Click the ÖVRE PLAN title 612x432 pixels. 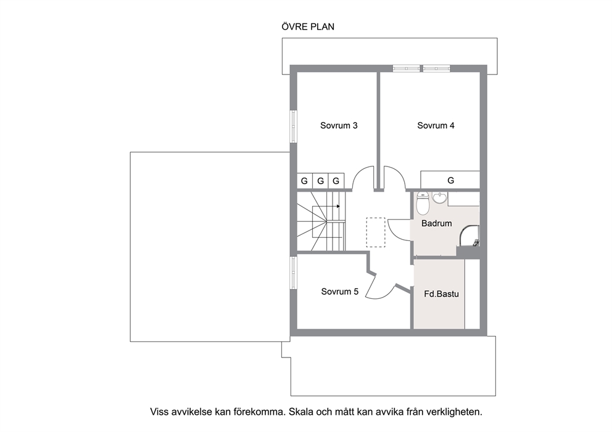[308, 26]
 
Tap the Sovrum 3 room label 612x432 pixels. [339, 126]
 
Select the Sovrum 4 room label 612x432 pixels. [436, 126]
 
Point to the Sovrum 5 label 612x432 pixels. [339, 291]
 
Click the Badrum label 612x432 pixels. [436, 224]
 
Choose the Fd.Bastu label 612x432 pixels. [441, 294]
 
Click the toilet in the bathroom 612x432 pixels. [423, 203]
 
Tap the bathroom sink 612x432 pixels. [440, 198]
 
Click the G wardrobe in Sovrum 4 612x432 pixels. [450, 180]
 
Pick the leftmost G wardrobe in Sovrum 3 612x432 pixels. [304, 181]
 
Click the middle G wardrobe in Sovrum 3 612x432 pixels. [320, 181]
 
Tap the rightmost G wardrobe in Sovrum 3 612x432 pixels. [336, 181]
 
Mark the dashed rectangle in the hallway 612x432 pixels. [376, 232]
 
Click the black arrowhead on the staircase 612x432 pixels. [338, 206]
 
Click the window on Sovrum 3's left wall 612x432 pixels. [293, 126]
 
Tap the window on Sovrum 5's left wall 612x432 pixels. [293, 272]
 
